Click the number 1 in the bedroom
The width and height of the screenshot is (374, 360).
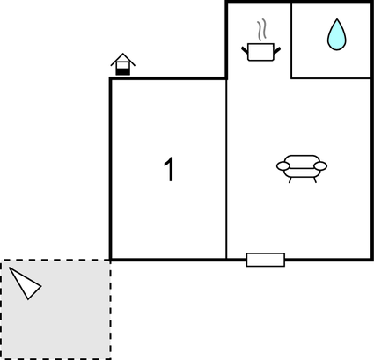tap(170, 169)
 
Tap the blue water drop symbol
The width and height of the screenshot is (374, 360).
tap(337, 34)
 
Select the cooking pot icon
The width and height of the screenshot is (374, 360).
tap(260, 52)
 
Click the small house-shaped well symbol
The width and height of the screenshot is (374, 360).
tap(123, 64)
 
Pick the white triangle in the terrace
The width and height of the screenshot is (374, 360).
tap(25, 283)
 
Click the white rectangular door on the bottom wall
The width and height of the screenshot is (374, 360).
tap(266, 260)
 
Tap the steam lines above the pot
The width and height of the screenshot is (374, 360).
tap(261, 29)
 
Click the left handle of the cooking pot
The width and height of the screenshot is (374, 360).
tap(245, 50)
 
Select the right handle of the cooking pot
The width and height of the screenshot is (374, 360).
tap(277, 50)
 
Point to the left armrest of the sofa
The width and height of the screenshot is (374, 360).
tap(283, 166)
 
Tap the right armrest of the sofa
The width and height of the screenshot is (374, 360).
tap(320, 166)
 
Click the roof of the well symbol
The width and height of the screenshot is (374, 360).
tap(123, 59)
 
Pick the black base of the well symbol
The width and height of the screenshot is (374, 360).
tap(123, 72)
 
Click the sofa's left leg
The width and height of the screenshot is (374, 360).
tap(290, 180)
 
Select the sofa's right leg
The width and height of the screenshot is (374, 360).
tap(315, 180)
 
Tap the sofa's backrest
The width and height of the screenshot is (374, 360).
tap(302, 162)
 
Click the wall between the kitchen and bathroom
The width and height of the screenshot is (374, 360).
tap(291, 40)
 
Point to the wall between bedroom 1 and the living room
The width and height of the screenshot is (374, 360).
tap(226, 169)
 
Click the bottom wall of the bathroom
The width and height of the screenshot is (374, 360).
tap(331, 78)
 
